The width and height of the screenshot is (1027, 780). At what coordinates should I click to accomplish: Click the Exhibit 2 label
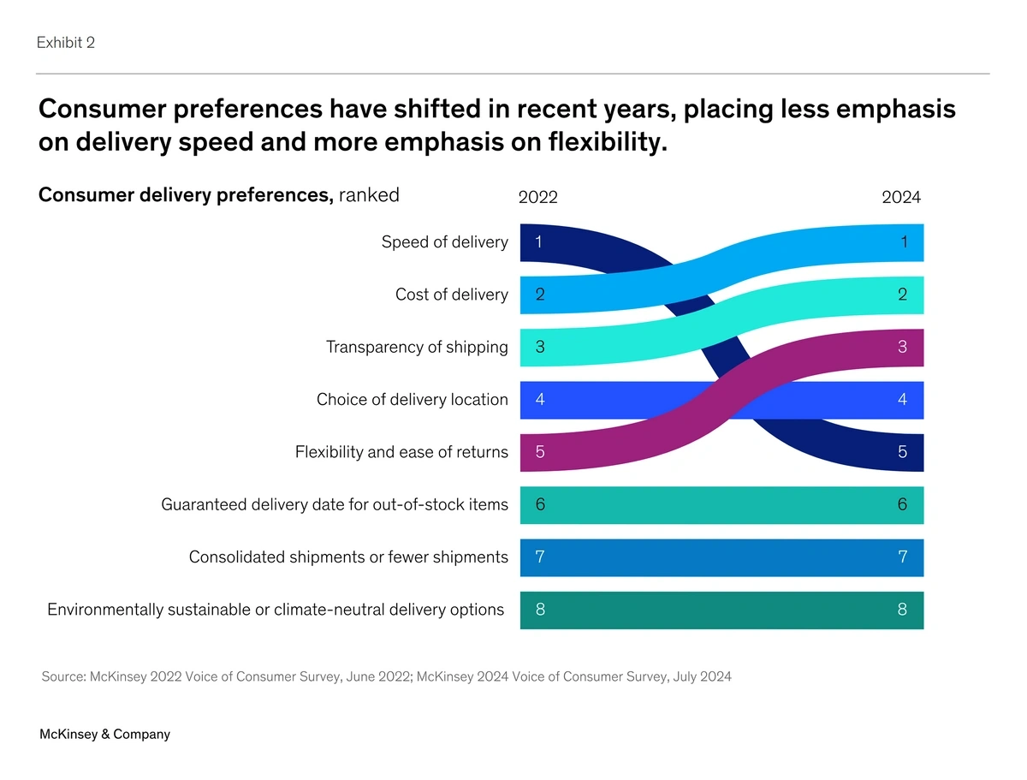coord(66,43)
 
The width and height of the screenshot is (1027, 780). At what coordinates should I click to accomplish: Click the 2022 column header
coord(538,198)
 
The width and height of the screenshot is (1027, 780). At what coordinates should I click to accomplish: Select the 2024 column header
coord(901,198)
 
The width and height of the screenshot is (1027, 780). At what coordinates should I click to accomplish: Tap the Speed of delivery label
coord(444,242)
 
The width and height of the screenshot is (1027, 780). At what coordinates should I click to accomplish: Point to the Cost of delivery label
coord(451,295)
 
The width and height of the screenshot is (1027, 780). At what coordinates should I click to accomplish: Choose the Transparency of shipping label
coord(417,347)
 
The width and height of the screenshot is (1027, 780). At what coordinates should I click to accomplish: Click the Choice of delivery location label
coord(412,400)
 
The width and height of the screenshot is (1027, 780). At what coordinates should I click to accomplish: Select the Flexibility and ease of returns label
coord(401,452)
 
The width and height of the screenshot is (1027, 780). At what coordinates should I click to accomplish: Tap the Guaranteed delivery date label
coord(335,504)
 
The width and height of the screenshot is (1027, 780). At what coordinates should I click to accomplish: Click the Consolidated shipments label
coord(348,557)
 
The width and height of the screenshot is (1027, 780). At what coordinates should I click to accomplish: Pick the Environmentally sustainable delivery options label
coord(276,610)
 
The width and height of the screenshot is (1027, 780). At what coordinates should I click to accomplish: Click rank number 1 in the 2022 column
coord(537,242)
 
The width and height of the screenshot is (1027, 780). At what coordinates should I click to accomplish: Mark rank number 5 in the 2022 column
coord(540,452)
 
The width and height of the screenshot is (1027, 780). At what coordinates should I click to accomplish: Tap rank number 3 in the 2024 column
coord(903,347)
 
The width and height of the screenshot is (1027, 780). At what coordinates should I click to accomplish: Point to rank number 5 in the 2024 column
coord(903,452)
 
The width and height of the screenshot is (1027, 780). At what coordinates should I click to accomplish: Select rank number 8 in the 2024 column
coord(903,610)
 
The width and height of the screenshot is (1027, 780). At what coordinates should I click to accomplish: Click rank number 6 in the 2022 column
coord(540,504)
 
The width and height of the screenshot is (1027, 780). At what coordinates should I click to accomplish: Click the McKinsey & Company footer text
coord(104,734)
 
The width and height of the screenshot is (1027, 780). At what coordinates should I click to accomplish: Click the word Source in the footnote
coord(62,676)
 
